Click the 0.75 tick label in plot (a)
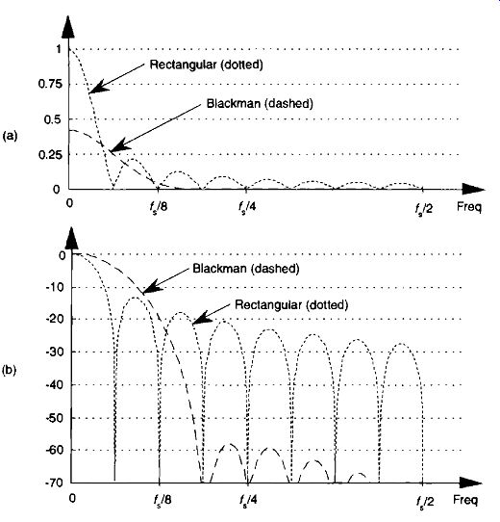50,84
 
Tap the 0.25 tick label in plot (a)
50,155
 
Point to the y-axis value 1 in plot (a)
59,49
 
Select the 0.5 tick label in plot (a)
53,119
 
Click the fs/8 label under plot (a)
159,208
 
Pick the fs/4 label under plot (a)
247,208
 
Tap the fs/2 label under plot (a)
424,208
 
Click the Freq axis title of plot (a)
469,207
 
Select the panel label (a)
10,136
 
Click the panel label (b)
10,370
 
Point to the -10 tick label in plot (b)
54,287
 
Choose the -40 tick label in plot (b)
54,385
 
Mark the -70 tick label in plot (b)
54,483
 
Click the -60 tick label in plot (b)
54,450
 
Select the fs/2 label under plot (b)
425,501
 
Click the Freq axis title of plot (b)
465,500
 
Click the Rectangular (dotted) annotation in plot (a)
206,65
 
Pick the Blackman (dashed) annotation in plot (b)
246,269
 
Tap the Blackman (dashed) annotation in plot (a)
260,104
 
